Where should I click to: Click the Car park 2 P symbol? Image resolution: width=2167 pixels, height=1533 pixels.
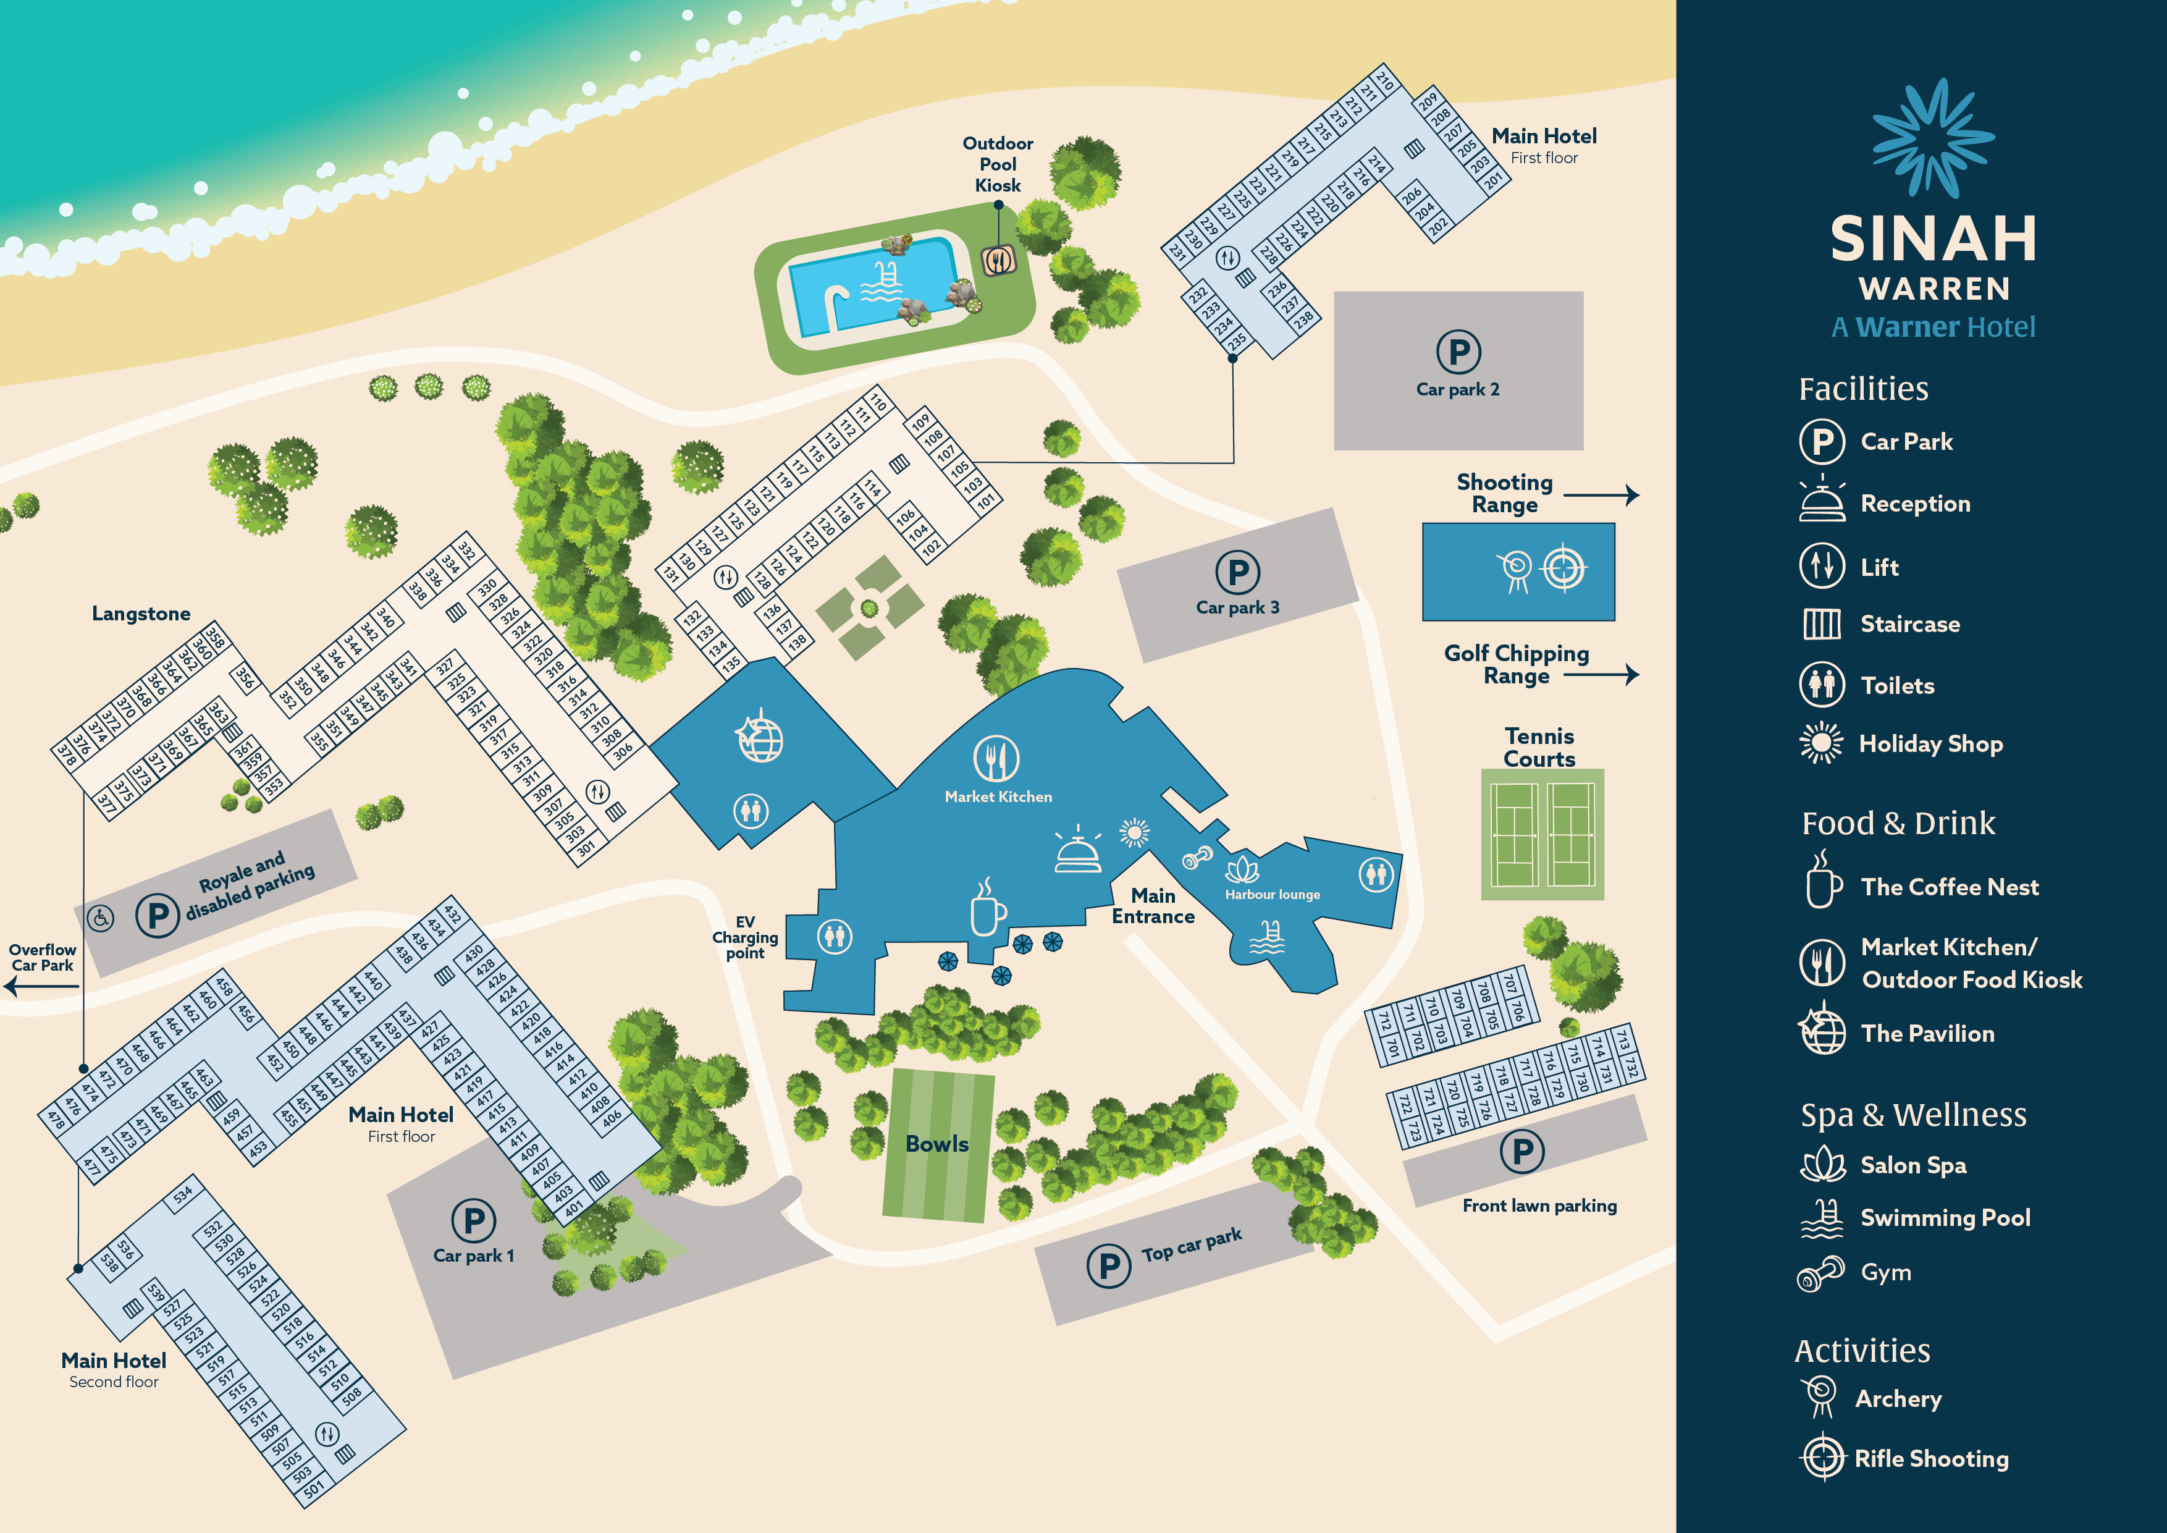coord(1458,352)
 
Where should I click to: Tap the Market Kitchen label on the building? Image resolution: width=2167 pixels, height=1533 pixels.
coord(998,796)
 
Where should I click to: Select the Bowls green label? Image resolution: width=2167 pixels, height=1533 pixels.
coord(937,1144)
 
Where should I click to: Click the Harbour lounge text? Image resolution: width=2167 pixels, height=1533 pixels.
coord(1273,894)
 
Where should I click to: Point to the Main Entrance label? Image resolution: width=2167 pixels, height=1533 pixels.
coord(1153,906)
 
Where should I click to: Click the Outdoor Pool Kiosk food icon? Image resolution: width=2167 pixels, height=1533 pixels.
coord(998,261)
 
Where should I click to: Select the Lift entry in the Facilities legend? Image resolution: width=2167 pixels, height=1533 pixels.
coord(1878,567)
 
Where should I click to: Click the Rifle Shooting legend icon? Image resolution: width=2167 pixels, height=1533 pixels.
coord(1822,1458)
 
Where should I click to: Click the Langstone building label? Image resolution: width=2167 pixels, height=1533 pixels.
coord(141,614)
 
